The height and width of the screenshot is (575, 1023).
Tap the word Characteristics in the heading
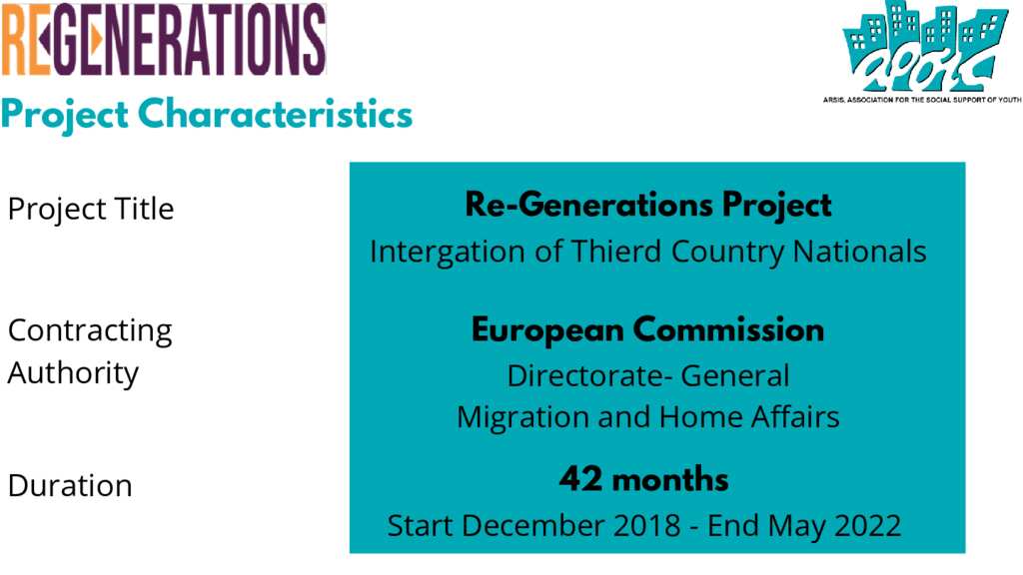[x=276, y=114]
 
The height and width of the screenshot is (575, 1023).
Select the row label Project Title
[x=91, y=210]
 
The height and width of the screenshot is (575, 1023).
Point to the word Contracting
[x=90, y=331]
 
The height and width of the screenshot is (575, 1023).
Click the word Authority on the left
[x=73, y=374]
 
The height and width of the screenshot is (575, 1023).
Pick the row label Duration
[x=70, y=486]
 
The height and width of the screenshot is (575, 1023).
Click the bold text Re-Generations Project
[x=647, y=206]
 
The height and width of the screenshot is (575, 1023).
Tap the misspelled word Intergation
[x=447, y=253]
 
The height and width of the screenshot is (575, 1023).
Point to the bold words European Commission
[x=647, y=330]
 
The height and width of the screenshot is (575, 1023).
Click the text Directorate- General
[x=647, y=376]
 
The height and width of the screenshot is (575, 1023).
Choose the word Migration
[x=522, y=418]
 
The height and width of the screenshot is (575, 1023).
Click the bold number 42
[x=580, y=479]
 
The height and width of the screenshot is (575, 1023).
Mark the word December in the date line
[x=533, y=525]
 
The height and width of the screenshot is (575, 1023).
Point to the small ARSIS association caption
[x=922, y=100]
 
